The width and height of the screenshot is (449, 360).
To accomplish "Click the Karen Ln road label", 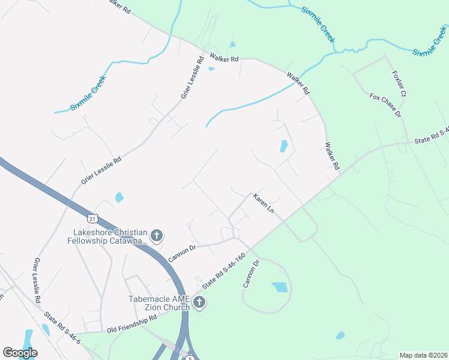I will pos(264,205).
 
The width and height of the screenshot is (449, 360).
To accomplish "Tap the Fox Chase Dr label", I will pos(385,105).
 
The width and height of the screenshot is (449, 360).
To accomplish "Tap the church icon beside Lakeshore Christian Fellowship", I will pos(157,235).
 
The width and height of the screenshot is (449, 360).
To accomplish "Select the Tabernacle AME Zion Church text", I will pos(159,303).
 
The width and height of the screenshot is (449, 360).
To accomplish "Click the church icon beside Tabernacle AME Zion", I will pos(200,303).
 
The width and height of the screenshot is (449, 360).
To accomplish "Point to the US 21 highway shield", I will pos(90,217).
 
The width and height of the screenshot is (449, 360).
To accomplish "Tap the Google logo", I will pos(20,353).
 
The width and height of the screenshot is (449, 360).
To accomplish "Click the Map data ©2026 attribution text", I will pos(423,355).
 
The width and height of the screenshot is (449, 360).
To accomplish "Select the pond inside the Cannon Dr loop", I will pos(280,287).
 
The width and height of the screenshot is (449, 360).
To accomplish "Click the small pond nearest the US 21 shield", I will pos(119,197).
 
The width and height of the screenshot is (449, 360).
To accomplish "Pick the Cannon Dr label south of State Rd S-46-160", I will pos(251,273).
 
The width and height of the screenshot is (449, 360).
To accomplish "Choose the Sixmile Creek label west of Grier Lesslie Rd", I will pos(88,93).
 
